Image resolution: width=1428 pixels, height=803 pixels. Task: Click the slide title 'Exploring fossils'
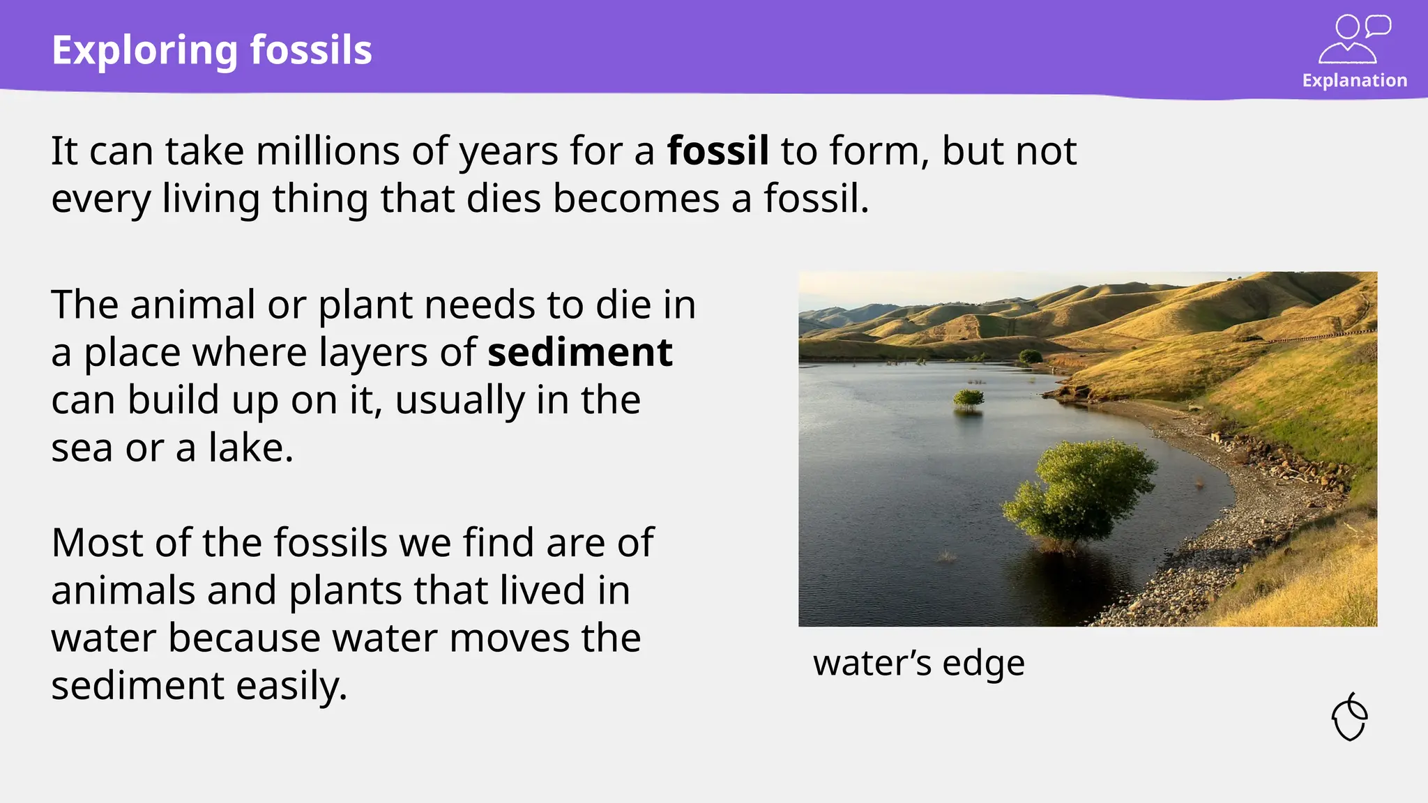[212, 50]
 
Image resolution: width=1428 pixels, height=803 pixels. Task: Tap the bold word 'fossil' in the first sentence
[717, 151]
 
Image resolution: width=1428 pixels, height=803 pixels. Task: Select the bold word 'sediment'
[579, 352]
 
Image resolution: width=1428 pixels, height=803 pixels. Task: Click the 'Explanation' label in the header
[1354, 81]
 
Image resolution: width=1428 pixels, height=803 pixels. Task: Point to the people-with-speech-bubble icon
[1353, 39]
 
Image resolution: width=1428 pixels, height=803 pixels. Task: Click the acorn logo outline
[1349, 717]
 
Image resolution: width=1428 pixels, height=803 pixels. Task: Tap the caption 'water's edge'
[918, 663]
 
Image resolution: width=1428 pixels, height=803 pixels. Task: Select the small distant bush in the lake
[968, 398]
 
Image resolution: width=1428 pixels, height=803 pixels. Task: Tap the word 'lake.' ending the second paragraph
[250, 448]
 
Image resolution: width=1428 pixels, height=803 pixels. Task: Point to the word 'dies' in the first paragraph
[503, 199]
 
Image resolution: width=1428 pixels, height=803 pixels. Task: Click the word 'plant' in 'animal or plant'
[365, 306]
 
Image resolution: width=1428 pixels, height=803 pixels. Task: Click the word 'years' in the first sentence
[508, 152]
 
